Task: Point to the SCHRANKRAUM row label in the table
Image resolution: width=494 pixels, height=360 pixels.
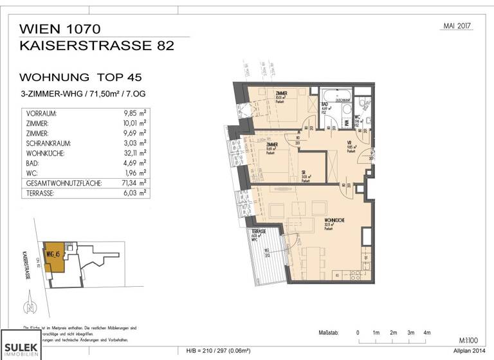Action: (x=49, y=143)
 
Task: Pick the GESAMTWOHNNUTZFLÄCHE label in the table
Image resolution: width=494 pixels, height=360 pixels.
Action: (x=62, y=183)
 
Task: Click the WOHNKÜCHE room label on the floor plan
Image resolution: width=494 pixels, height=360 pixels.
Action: (x=334, y=221)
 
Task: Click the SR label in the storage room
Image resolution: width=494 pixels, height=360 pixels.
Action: (x=303, y=172)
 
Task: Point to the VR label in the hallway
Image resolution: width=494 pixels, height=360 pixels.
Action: (x=349, y=143)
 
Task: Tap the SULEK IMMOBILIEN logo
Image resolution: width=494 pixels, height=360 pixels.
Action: (x=21, y=345)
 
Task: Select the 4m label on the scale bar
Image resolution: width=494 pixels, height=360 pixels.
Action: (x=427, y=333)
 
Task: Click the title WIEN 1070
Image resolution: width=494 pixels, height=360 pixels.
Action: (x=60, y=29)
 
